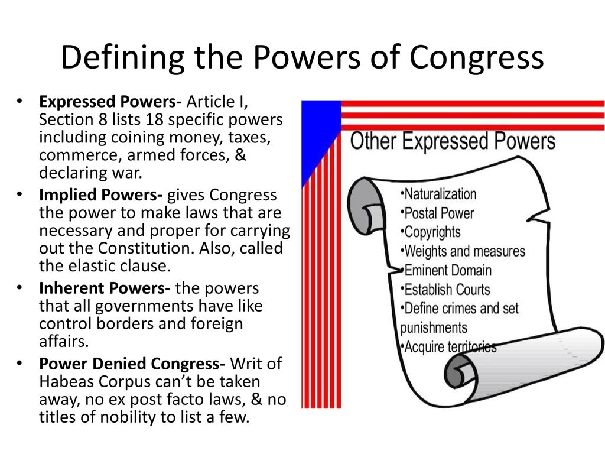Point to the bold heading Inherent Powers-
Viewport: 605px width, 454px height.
(x=105, y=288)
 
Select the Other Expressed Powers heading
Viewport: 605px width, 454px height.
(x=453, y=142)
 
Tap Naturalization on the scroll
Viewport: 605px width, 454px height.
(x=438, y=194)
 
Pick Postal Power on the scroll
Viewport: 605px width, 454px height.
(x=437, y=213)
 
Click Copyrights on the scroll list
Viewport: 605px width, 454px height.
(x=430, y=232)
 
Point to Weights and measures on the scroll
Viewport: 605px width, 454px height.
(x=463, y=251)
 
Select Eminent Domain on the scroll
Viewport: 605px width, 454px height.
(x=446, y=271)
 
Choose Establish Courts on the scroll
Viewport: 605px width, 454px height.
(x=445, y=290)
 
